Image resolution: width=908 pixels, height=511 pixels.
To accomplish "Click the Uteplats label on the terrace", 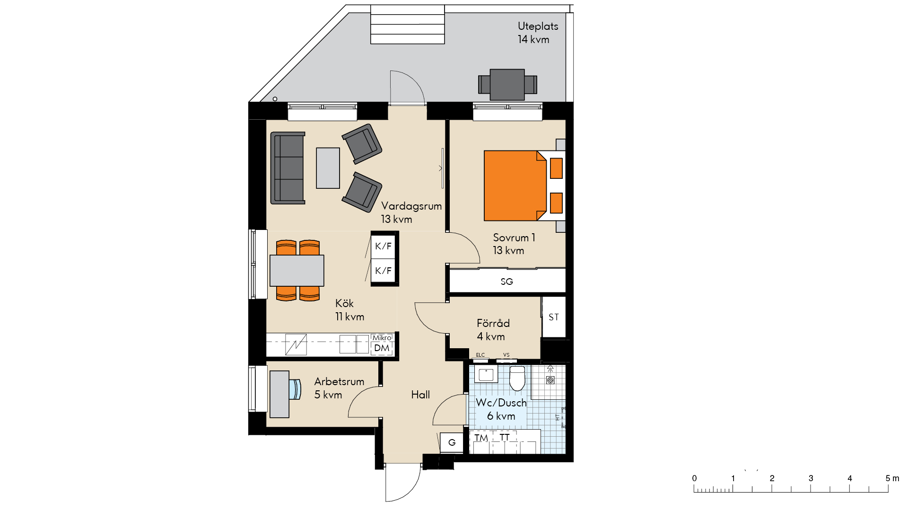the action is click(x=538, y=26).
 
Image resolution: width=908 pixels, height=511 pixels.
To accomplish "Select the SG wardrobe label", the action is click(x=506, y=282).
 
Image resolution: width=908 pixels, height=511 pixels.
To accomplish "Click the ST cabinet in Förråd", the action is click(x=554, y=317).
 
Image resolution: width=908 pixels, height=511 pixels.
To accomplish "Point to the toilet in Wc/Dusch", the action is click(x=517, y=378).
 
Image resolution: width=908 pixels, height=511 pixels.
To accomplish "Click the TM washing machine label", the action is click(x=481, y=438).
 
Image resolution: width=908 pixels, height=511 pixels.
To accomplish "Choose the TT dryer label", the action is click(x=505, y=437).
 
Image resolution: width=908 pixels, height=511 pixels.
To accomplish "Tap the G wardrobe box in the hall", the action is click(x=452, y=442).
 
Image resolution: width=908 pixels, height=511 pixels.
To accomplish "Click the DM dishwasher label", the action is click(x=382, y=348).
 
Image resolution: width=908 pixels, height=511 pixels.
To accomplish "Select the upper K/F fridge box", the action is click(x=383, y=246).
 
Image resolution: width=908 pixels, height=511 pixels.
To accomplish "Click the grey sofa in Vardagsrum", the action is click(x=288, y=168).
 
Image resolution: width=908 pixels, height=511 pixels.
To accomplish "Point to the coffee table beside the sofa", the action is click(x=328, y=168).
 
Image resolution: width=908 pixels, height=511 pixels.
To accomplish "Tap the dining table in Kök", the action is click(x=297, y=271).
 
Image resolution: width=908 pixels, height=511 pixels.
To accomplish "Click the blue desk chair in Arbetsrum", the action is click(x=295, y=389).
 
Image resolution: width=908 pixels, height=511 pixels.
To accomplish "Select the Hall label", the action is click(x=420, y=395).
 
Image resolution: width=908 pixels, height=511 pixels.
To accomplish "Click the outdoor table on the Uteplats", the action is click(x=507, y=85).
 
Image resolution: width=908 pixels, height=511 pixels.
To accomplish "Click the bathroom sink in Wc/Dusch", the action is click(x=486, y=374).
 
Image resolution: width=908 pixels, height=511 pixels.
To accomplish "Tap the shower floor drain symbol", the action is click(x=550, y=379).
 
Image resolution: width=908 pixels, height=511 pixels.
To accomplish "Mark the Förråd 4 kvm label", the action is click(x=493, y=330).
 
